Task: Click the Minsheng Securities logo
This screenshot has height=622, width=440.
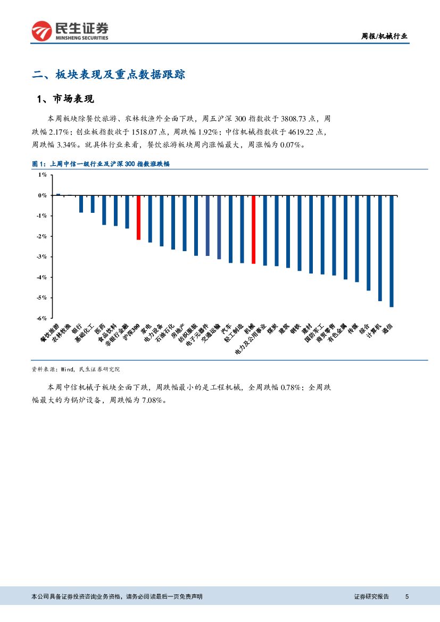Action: pyautogui.click(x=70, y=31)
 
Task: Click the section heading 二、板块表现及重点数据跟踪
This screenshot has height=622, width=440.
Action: pyautogui.click(x=109, y=74)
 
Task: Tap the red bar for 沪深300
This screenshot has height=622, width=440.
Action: pyautogui.click(x=138, y=218)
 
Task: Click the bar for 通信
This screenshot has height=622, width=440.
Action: pyautogui.click(x=392, y=251)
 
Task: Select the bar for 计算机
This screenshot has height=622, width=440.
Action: pyautogui.click(x=380, y=248)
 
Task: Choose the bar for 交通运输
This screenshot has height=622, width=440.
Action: pyautogui.click(x=219, y=227)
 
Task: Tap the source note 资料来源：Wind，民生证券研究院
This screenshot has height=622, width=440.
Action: pyautogui.click(x=76, y=368)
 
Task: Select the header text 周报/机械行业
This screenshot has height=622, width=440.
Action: pyautogui.click(x=384, y=36)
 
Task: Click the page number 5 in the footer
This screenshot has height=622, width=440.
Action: pyautogui.click(x=406, y=596)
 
